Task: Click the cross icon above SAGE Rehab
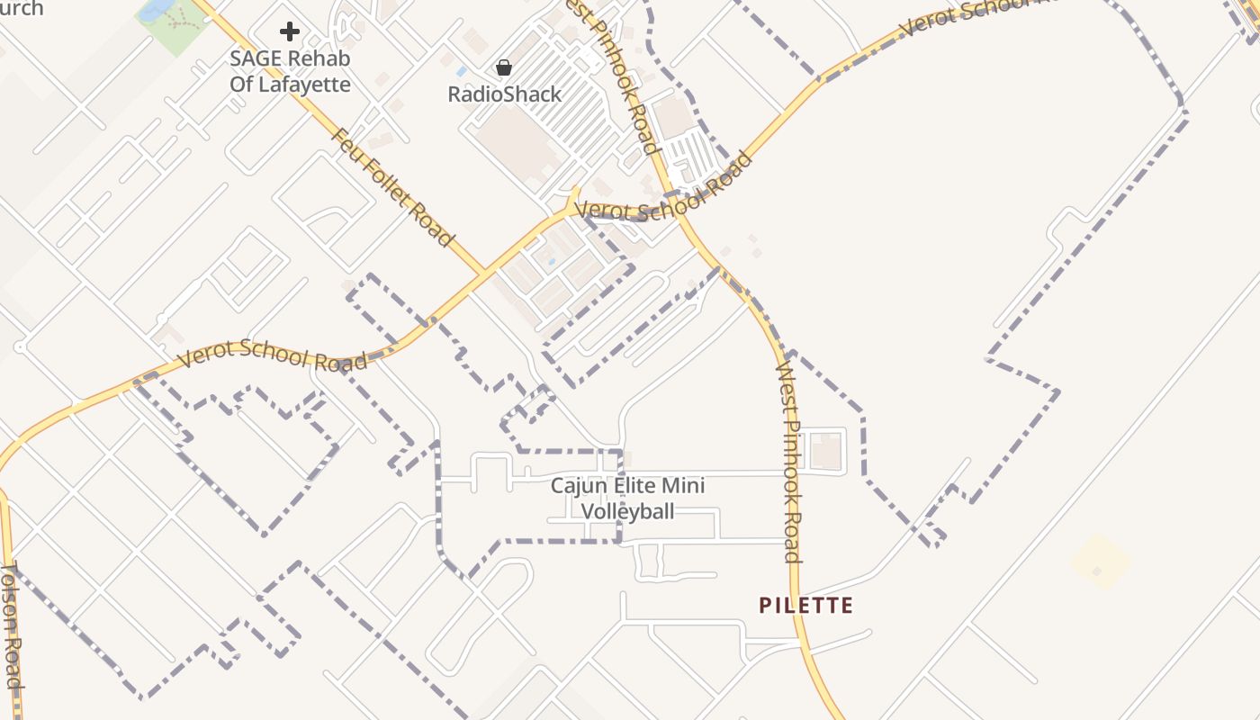pos(289,32)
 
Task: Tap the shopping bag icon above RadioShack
pos(504,67)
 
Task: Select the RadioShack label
pos(504,94)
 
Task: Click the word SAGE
pos(255,58)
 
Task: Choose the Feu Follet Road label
pos(392,187)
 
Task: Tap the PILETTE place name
pos(805,605)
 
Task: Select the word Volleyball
pos(627,512)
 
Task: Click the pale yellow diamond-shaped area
pos(1100,562)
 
